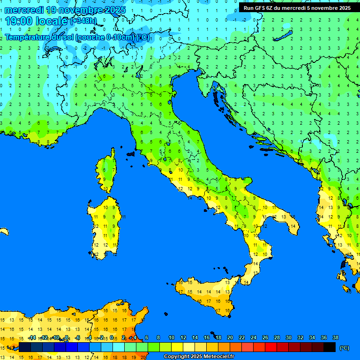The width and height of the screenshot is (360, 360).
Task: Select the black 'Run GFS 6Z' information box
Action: tap(297, 7)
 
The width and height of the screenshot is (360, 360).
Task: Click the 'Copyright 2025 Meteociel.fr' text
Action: tap(199, 357)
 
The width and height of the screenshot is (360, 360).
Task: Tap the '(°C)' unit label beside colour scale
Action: tap(345, 348)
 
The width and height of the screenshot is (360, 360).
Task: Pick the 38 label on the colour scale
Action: tap(335, 338)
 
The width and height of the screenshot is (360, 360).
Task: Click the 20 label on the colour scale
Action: tap(230, 338)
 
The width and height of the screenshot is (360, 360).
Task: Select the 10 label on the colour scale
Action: tap(171, 338)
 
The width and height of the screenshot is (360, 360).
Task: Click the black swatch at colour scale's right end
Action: tap(330, 347)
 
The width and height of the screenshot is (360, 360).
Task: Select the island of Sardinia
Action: tap(105, 227)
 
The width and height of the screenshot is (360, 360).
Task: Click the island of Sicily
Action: tap(206, 293)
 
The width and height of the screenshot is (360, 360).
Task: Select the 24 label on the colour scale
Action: tap(253, 338)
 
